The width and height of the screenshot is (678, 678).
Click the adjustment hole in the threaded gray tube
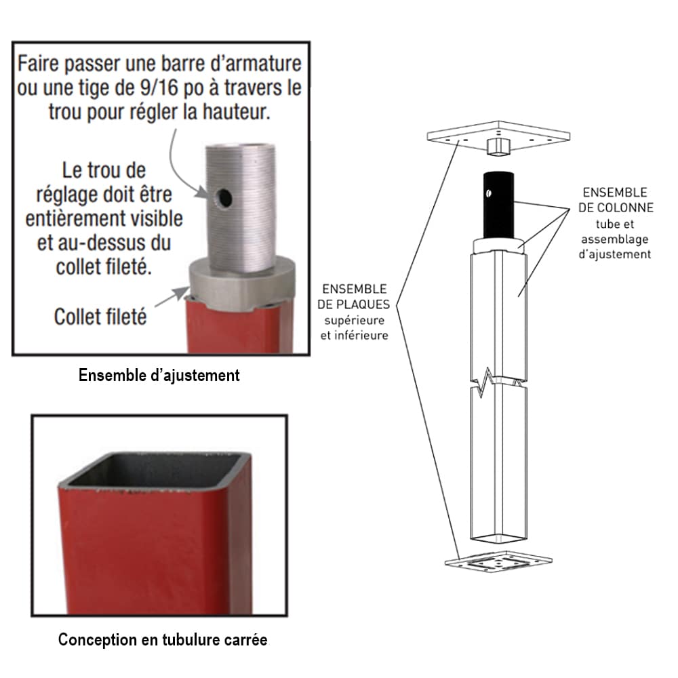[x=223, y=197]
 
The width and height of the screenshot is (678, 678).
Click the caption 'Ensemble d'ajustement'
[x=159, y=375]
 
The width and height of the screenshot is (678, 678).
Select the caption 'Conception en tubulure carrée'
[x=163, y=639]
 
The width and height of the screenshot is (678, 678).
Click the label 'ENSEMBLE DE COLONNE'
[x=614, y=200]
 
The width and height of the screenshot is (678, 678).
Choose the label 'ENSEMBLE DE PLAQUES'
[x=355, y=296]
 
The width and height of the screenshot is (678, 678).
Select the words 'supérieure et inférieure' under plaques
[x=355, y=327]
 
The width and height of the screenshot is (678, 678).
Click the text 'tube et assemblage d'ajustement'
[x=614, y=239]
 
